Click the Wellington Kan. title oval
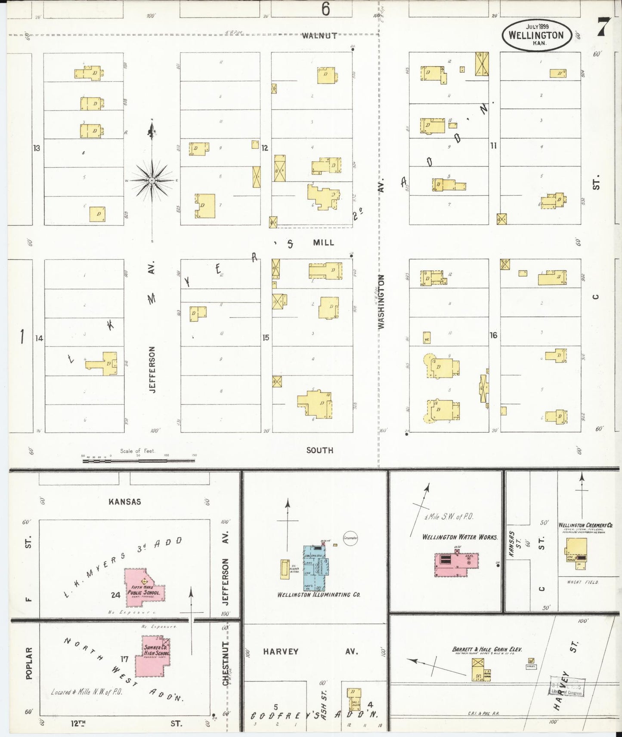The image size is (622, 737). (x=536, y=35)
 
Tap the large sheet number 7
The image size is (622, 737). (x=603, y=28)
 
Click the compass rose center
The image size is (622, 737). (x=152, y=181)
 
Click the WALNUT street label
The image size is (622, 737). (x=319, y=36)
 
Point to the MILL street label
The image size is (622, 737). (x=323, y=243)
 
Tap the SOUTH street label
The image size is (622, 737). (x=319, y=450)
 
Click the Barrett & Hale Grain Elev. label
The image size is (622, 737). (x=487, y=649)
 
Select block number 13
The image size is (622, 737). (x=37, y=148)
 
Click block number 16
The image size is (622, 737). (x=493, y=335)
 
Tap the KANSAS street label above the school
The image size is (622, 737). (x=124, y=501)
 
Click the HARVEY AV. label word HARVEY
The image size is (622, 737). (x=281, y=651)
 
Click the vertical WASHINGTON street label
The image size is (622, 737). (x=381, y=302)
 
